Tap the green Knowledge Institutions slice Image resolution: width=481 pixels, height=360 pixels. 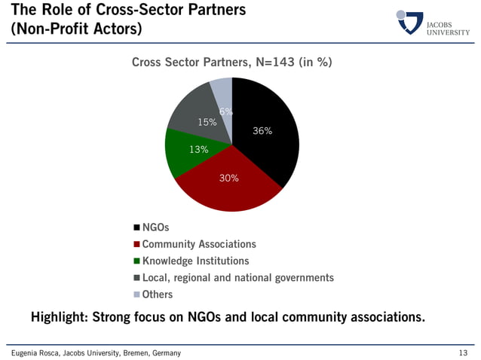pyautogui.click(x=182, y=154)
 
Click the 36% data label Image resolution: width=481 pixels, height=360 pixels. pyautogui.click(x=262, y=131)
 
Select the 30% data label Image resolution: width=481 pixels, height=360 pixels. pyautogui.click(x=228, y=178)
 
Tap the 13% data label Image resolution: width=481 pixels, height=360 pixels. pyautogui.click(x=198, y=149)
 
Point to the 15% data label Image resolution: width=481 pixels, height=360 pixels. pyautogui.click(x=207, y=121)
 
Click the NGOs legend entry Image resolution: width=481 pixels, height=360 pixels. pyautogui.click(x=155, y=227)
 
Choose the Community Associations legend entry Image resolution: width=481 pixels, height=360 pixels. pyautogui.click(x=199, y=244)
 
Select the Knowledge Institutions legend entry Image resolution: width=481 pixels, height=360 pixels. pyautogui.click(x=195, y=261)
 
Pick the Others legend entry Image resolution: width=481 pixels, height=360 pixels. pyautogui.click(x=158, y=294)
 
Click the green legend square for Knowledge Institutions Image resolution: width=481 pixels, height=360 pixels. pyautogui.click(x=136, y=261)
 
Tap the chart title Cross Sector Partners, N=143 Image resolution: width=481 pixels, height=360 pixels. pyautogui.click(x=231, y=63)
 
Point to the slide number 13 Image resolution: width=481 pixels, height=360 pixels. pyautogui.click(x=463, y=353)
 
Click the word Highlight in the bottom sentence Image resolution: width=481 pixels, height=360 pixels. pyautogui.click(x=58, y=317)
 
